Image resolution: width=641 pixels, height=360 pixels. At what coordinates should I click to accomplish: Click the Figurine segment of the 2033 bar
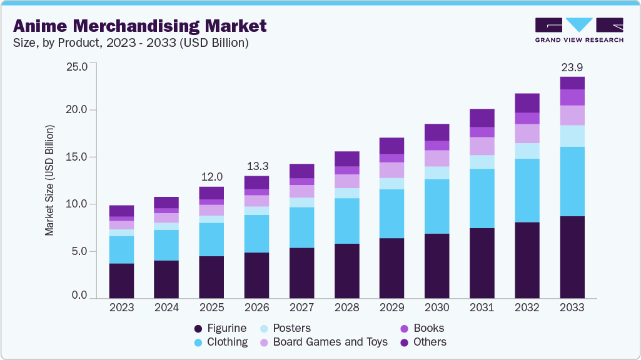pyautogui.click(x=572, y=257)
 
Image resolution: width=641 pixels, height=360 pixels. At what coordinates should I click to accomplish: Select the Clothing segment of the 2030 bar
pyautogui.click(x=437, y=206)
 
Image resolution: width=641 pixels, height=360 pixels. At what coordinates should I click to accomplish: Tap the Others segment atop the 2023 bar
pyautogui.click(x=121, y=211)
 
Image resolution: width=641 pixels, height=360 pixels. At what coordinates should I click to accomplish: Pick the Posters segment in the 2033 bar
pyautogui.click(x=572, y=136)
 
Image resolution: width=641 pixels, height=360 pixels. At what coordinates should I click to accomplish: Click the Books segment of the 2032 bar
pyautogui.click(x=527, y=118)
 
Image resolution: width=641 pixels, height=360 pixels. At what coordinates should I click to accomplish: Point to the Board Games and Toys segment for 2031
pyautogui.click(x=482, y=146)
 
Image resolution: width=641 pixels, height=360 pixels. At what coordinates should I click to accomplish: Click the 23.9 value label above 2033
pyautogui.click(x=572, y=67)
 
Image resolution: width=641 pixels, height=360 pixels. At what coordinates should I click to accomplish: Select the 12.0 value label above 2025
pyautogui.click(x=211, y=177)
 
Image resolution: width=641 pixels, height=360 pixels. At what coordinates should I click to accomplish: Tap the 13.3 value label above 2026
pyautogui.click(x=256, y=166)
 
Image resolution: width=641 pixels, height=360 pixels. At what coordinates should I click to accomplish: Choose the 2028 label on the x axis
pyautogui.click(x=346, y=307)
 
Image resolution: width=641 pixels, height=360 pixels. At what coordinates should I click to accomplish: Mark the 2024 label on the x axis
pyautogui.click(x=166, y=307)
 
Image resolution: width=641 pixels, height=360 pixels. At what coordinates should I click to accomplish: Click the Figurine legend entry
pyautogui.click(x=220, y=328)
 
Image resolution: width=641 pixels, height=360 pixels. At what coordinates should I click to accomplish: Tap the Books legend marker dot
pyautogui.click(x=404, y=328)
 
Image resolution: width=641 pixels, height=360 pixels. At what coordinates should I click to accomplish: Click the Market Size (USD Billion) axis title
pyautogui.click(x=49, y=180)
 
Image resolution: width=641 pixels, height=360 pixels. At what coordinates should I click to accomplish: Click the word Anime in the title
pyautogui.click(x=43, y=26)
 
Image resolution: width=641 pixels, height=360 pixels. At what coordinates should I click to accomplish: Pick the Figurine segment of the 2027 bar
pyautogui.click(x=301, y=273)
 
